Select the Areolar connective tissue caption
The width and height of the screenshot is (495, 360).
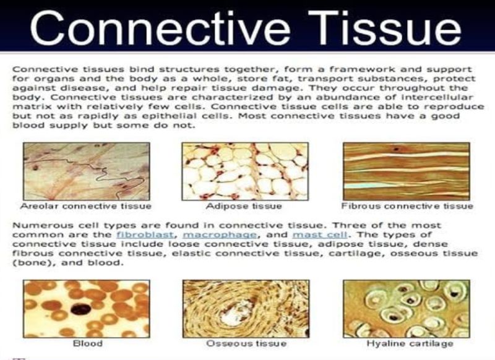pyautogui.click(x=86, y=205)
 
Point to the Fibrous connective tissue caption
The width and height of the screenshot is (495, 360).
pyautogui.click(x=407, y=205)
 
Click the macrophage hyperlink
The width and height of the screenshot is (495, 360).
pyautogui.click(x=190, y=235)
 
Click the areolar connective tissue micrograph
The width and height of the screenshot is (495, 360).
pyautogui.click(x=86, y=171)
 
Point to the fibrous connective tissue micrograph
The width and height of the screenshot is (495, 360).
pyautogui.click(x=407, y=171)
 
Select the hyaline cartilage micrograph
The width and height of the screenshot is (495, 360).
pyautogui.click(x=407, y=307)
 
